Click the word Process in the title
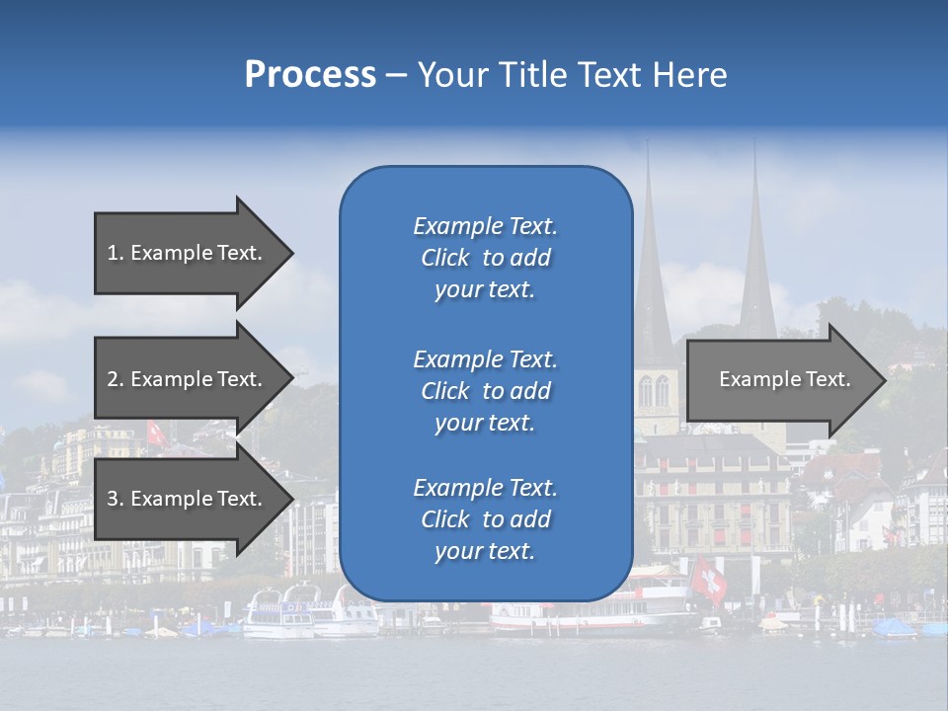[x=310, y=75]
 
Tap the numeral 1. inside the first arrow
[x=116, y=253]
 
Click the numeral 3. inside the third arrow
[x=116, y=499]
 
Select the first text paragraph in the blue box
[x=485, y=258]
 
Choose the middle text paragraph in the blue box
[x=485, y=390]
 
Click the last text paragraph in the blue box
[x=485, y=519]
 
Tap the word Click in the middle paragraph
[x=445, y=391]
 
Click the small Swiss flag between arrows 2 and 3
[x=155, y=433]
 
